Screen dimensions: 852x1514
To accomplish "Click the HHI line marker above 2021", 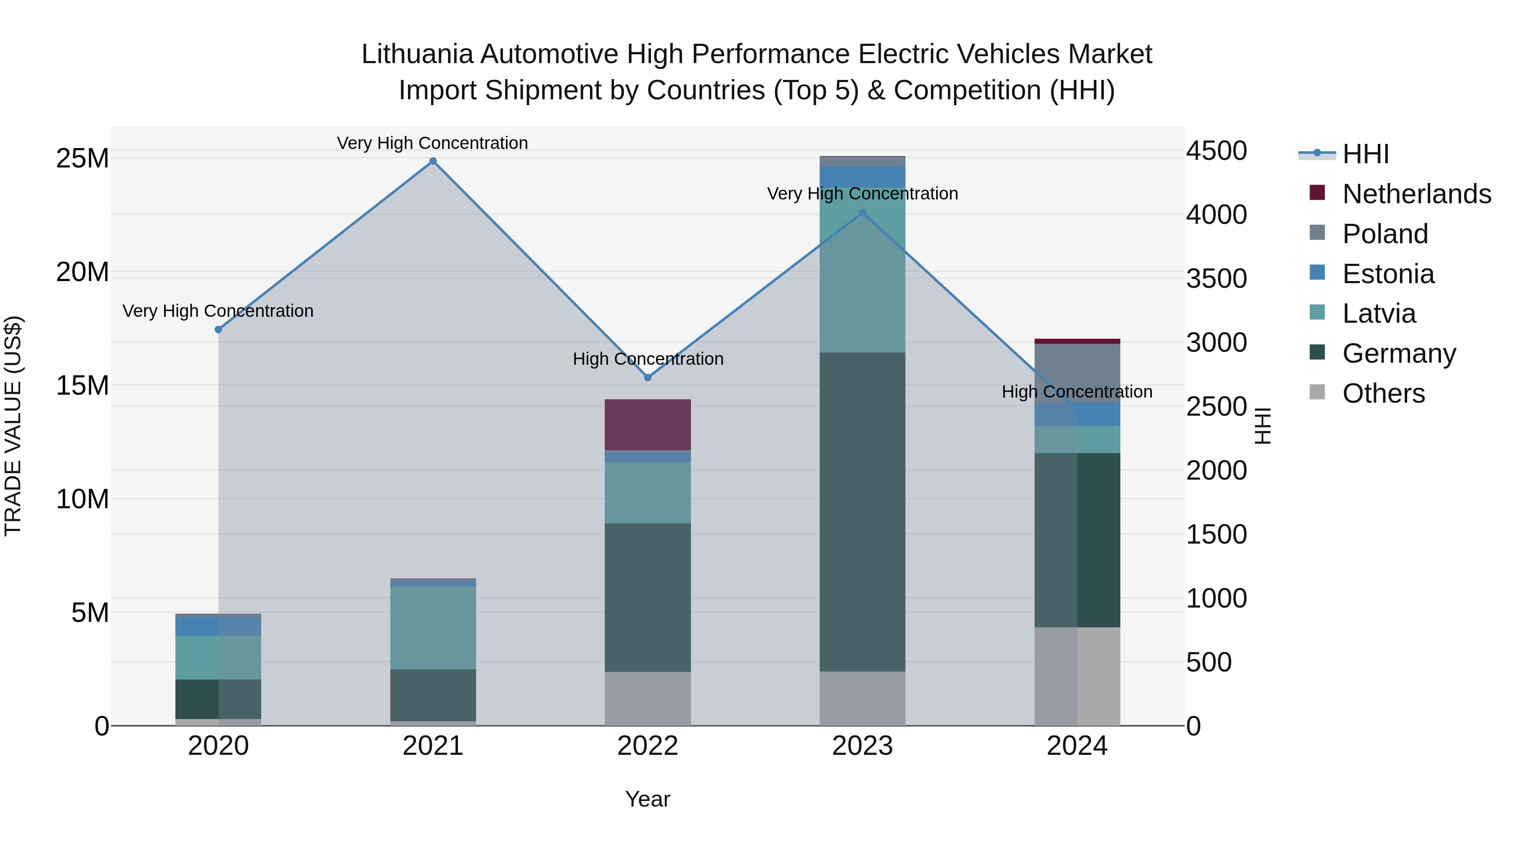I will pos(433,161).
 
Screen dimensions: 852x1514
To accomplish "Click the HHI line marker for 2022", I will pos(648,377).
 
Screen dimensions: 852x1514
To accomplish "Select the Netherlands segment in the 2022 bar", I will pos(648,425).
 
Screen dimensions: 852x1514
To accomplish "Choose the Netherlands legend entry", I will pos(1416,194).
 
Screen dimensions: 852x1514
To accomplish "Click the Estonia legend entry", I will pos(1388,274).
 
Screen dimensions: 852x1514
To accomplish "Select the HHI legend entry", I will pos(1365,154).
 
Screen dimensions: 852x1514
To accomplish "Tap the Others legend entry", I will pos(1384,393).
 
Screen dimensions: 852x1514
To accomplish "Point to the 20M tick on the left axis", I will pos(82,272).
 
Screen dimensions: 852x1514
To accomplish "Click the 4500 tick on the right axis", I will pos(1216,151).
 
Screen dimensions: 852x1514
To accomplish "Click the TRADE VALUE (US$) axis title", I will pos(13,426).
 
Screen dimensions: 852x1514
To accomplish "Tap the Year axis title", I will pos(648,799).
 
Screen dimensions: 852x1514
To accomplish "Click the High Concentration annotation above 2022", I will pos(648,358).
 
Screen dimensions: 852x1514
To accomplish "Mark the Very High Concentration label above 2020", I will pos(217,311).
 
